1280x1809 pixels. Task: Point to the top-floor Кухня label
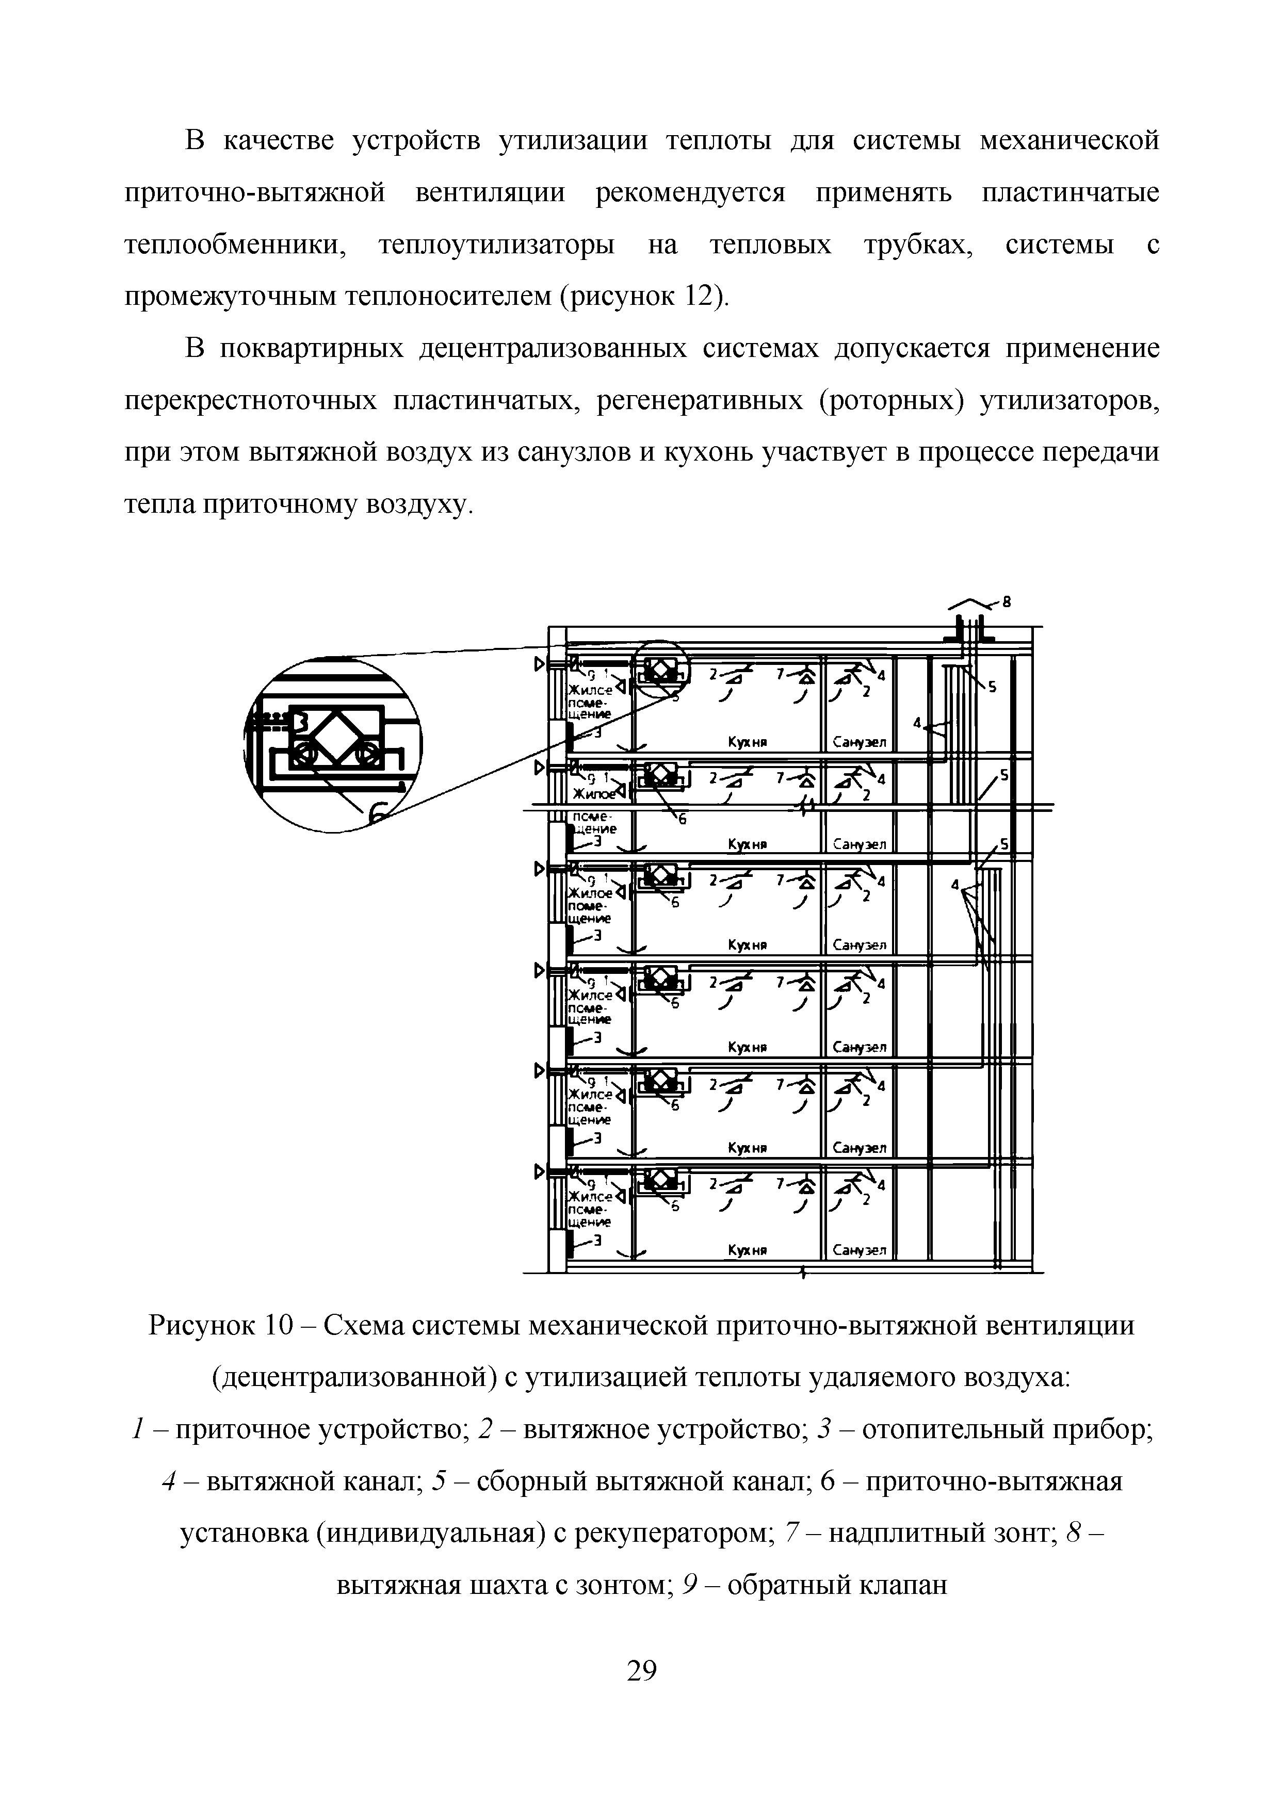pos(748,742)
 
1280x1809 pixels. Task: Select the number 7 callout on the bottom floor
pos(780,1183)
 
